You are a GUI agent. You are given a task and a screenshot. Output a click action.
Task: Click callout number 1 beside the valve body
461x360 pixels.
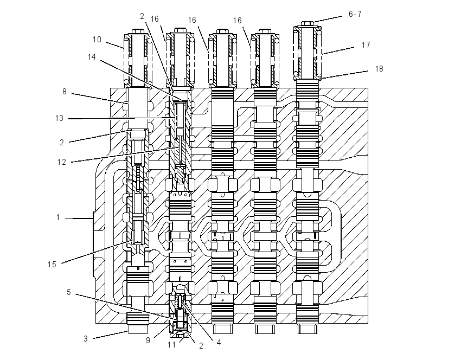[x=58, y=217]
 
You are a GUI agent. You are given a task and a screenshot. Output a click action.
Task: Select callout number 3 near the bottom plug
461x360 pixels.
[x=86, y=339]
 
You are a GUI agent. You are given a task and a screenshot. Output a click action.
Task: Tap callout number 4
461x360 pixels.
[x=219, y=342]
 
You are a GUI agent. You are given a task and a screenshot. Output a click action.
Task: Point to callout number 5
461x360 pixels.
[x=69, y=292]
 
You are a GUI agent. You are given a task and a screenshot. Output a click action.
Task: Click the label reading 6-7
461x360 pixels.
[x=355, y=14]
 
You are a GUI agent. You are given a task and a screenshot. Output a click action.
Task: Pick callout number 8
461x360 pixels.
[x=65, y=92]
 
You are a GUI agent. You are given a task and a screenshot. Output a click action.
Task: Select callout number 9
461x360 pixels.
[x=148, y=340]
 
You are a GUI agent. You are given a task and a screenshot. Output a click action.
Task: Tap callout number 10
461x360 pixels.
[x=97, y=40]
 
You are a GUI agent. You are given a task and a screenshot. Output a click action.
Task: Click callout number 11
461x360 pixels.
[x=172, y=345]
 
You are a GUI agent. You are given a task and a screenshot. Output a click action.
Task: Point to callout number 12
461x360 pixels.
[x=62, y=162]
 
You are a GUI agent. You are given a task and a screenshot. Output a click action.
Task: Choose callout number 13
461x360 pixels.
[x=60, y=118]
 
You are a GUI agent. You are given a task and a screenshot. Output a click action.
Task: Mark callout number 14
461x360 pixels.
[x=92, y=57]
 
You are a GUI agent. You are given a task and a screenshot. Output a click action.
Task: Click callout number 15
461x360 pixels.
[x=52, y=265]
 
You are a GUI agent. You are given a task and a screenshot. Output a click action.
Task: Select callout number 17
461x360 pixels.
[x=366, y=45]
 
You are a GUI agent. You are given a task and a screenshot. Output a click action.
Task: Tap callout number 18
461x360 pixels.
[x=379, y=69]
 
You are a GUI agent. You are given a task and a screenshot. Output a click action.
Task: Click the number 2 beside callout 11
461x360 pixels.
[x=201, y=346]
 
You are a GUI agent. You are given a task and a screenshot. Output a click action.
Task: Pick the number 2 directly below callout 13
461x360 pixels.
[x=62, y=143]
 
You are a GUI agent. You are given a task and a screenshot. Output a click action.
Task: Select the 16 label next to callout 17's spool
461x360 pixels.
[x=237, y=21]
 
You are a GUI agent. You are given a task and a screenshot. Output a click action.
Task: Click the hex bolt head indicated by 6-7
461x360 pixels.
[x=307, y=23]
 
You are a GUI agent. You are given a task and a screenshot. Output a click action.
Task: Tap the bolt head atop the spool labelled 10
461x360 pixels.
[x=138, y=31]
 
